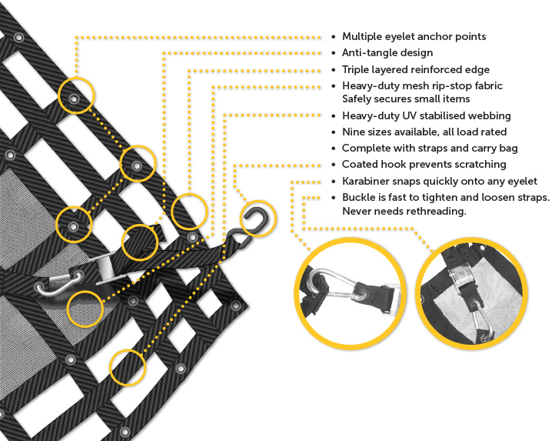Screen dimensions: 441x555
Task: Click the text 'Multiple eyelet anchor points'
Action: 414,36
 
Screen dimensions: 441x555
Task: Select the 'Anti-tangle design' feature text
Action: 387,53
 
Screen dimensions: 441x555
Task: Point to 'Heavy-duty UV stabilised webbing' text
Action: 427,115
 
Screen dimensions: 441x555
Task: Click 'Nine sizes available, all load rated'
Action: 427,132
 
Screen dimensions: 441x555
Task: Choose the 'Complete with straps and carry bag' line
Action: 430,148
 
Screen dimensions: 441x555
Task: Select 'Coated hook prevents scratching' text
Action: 424,164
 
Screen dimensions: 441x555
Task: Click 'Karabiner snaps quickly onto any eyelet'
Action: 439,182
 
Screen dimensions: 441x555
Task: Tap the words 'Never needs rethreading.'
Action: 404,211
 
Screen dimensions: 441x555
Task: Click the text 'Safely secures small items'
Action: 406,99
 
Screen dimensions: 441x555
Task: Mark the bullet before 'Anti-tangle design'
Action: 333,54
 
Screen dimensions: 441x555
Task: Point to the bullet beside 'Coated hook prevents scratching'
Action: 333,165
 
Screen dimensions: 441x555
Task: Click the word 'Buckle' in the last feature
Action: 359,198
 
